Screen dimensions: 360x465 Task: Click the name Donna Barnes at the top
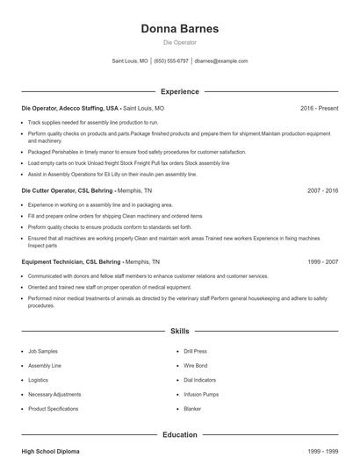point(179,29)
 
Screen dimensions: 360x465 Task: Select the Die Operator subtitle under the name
point(179,42)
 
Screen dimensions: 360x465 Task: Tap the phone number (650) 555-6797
point(172,61)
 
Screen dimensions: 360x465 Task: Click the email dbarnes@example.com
point(221,61)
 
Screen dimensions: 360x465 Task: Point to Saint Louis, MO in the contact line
point(130,61)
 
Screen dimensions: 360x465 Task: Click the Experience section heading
point(179,91)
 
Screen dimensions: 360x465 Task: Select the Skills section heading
point(179,331)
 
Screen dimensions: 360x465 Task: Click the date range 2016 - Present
point(319,108)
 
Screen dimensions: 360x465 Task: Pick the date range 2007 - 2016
point(322,190)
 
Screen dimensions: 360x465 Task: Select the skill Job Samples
point(43,351)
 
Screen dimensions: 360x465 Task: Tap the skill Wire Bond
point(196,365)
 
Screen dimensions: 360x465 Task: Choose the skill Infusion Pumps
point(200,394)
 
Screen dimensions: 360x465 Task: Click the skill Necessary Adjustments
point(54,394)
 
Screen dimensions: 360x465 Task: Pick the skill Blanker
point(192,408)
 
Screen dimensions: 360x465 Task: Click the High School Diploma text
point(50,451)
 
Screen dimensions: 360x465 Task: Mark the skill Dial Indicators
point(199,380)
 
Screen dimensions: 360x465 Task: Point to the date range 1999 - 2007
point(322,261)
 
